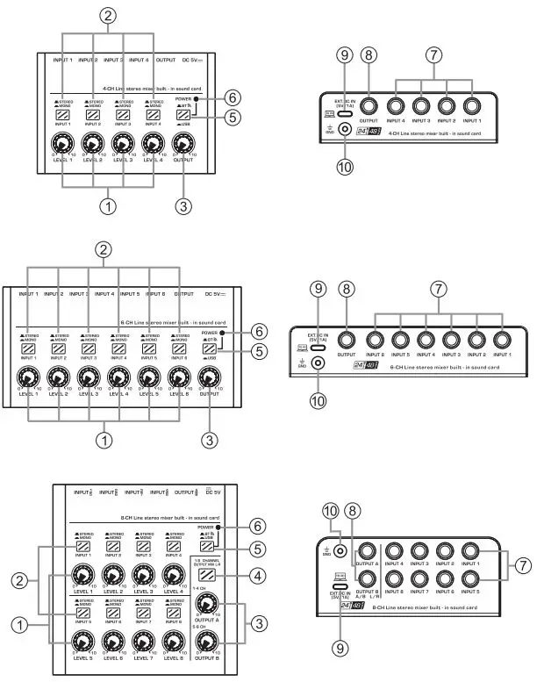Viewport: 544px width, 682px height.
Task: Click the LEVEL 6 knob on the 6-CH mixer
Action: tap(175, 377)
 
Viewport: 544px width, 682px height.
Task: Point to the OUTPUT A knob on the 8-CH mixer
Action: tap(208, 604)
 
